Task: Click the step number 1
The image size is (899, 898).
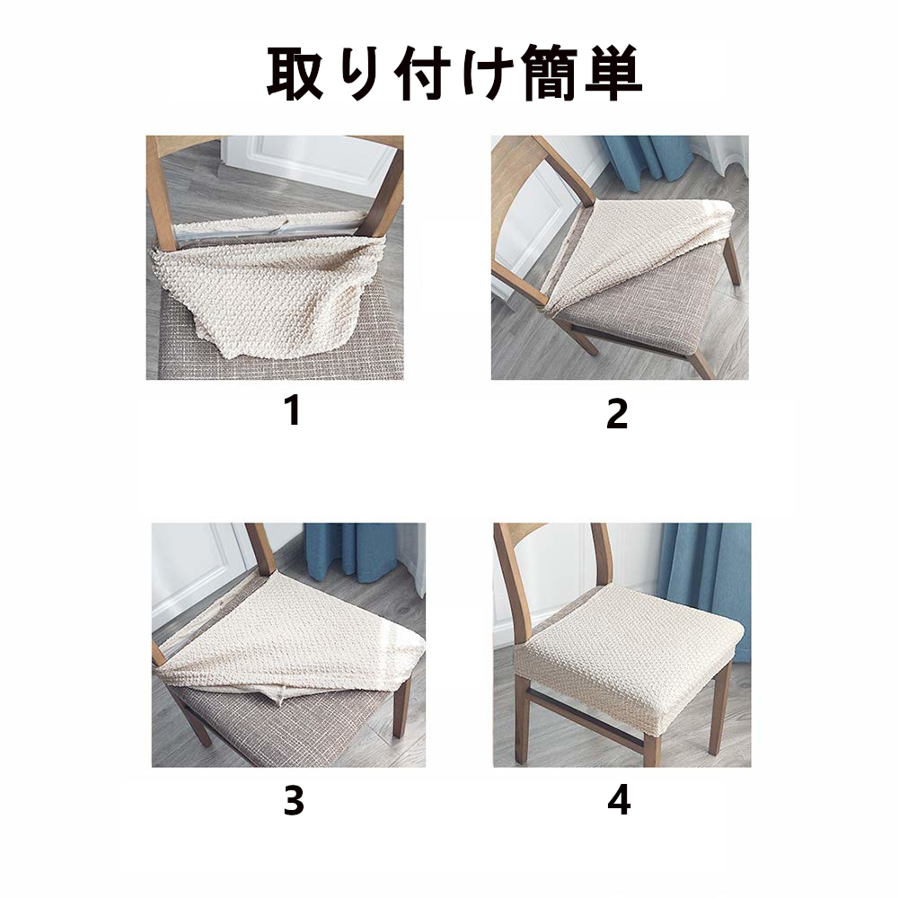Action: (x=293, y=410)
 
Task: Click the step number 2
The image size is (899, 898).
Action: (x=617, y=414)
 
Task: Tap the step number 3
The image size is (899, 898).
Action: (x=294, y=800)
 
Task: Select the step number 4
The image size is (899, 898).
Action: (x=619, y=800)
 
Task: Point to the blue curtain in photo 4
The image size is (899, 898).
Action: (x=709, y=585)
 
